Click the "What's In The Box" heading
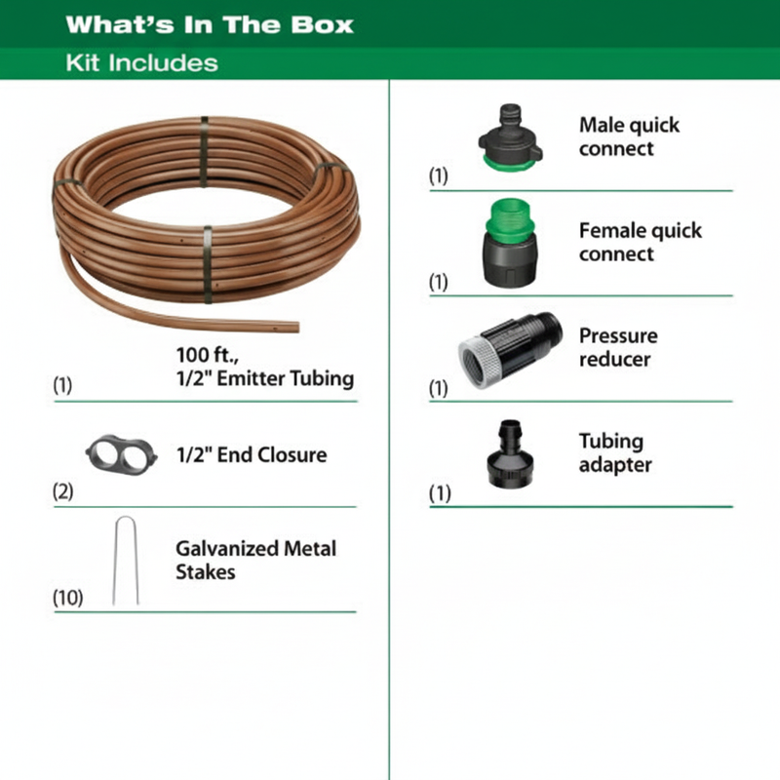coord(210,24)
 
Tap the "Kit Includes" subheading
coord(142,64)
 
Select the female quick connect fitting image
coord(508,244)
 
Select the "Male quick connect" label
coord(629,137)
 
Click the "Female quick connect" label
coord(640,243)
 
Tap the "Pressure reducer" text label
coord(618,348)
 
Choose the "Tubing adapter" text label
coord(615,453)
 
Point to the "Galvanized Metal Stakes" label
coord(255,561)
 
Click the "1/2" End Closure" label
coord(252,455)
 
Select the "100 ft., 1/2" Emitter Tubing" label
coord(264,367)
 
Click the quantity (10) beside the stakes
coord(68,596)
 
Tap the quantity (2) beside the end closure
coord(63,491)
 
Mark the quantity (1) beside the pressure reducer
coord(439,388)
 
